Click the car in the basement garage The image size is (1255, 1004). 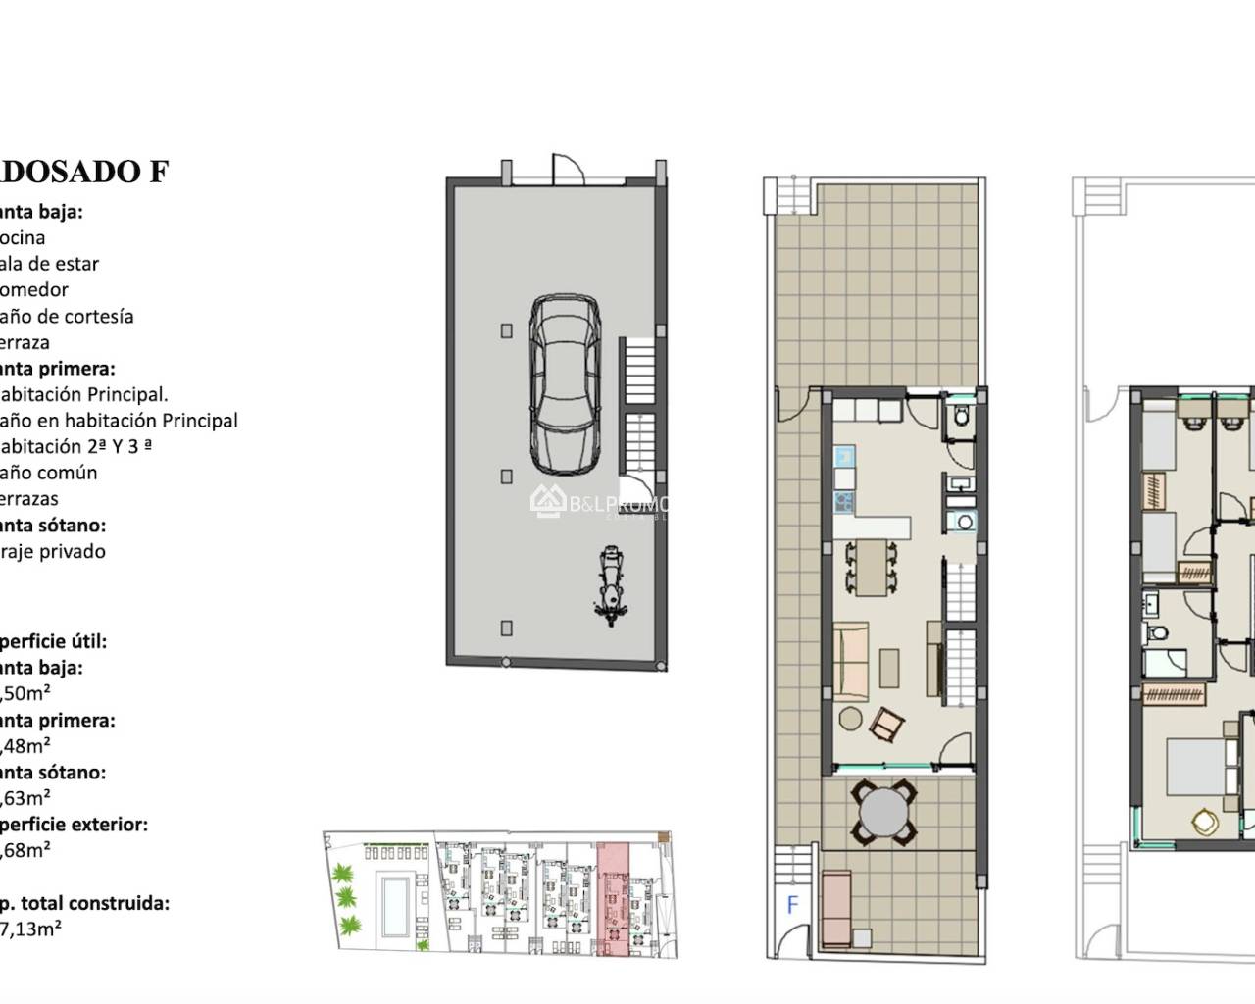pos(565,384)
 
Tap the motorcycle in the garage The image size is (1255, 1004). pos(610,587)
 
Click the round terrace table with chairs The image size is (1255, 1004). pos(884,813)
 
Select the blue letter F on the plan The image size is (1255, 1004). pos(793,903)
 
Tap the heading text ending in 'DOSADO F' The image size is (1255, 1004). pos(84,172)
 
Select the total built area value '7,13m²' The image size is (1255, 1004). pos(29,929)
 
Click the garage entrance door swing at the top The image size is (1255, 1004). pos(569,170)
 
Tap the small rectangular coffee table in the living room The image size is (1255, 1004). pos(890,669)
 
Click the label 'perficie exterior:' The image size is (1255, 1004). pos(74,825)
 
